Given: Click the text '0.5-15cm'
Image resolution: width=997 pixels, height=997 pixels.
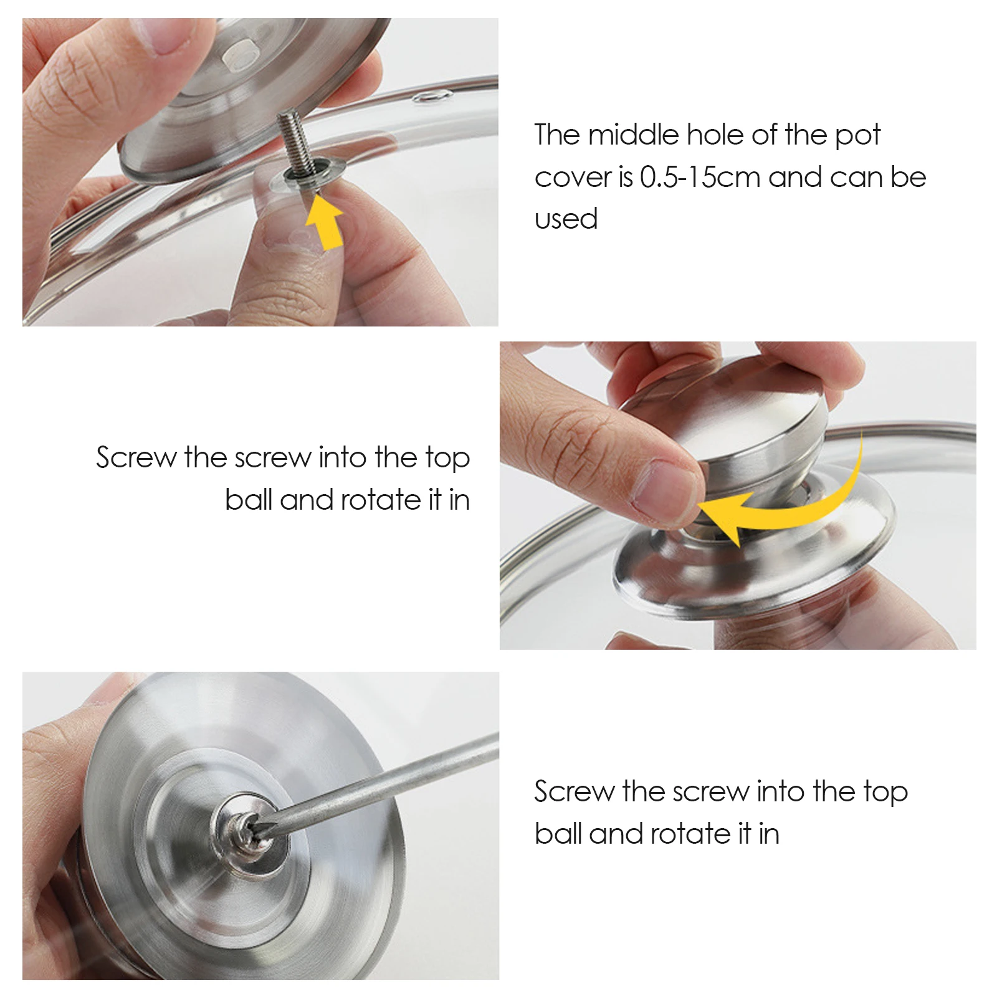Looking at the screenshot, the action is coord(700,178).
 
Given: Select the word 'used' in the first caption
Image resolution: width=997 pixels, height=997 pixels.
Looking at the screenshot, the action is coord(566,219).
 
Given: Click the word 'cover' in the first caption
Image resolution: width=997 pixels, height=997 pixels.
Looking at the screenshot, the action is coord(571,178).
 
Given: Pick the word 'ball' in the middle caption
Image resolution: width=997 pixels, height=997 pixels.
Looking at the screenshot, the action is coord(247,500).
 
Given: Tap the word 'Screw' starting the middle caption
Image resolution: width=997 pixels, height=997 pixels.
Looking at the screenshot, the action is coord(136,458).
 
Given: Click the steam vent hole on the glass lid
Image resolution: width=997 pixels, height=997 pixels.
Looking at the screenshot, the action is coord(432,95).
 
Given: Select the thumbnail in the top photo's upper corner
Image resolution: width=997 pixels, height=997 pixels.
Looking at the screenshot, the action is coord(163,35).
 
